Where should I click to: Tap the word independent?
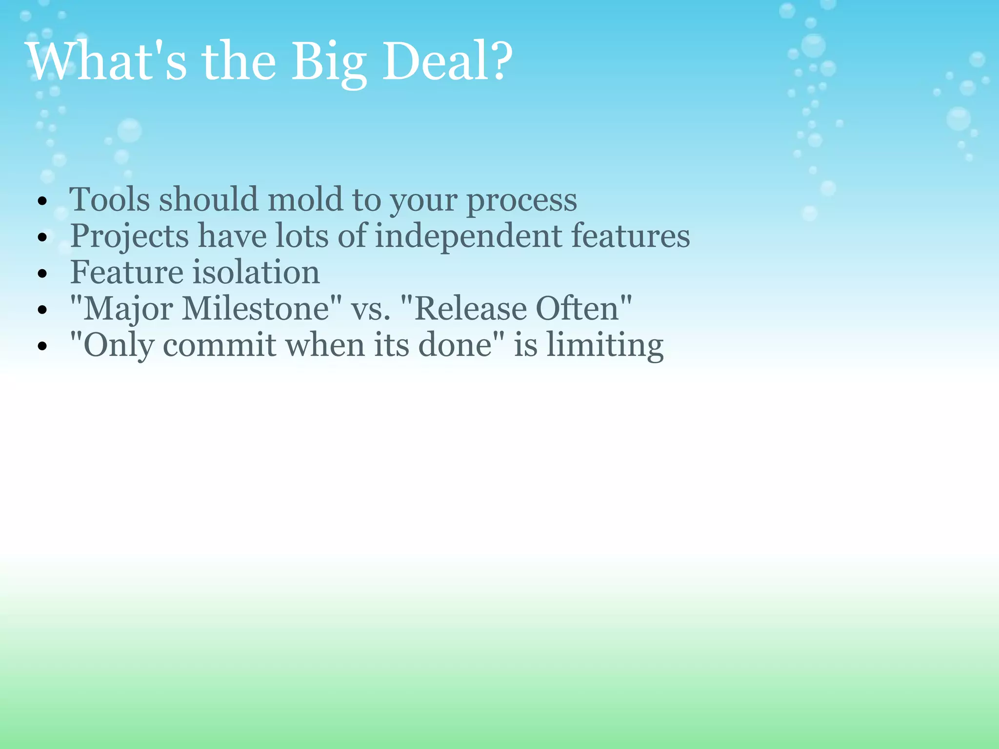pyautogui.click(x=468, y=236)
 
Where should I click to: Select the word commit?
pyautogui.click(x=220, y=345)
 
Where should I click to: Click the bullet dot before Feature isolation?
pyautogui.click(x=42, y=274)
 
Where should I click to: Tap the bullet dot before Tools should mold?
pyautogui.click(x=42, y=201)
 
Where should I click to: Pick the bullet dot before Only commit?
pyautogui.click(x=42, y=346)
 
